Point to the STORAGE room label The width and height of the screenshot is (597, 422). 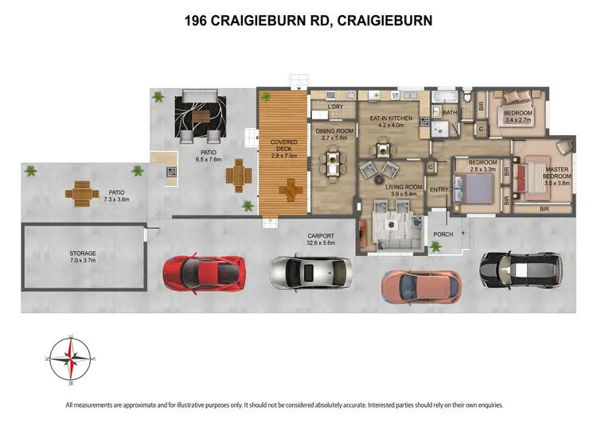[82, 254]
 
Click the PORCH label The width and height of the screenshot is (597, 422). [442, 234]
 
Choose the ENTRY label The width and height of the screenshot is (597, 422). [439, 189]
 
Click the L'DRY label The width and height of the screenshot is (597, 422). [323, 106]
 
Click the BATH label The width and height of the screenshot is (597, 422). [450, 113]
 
